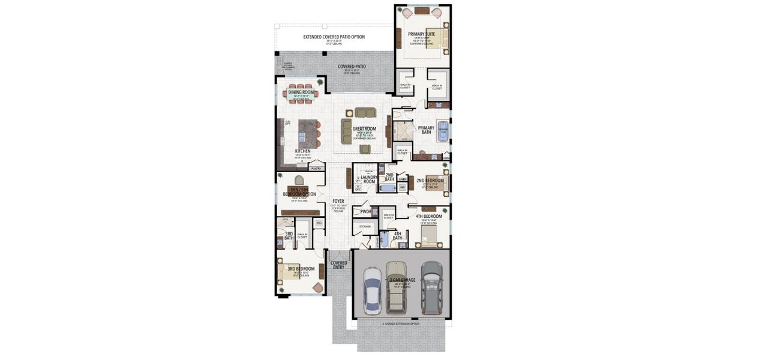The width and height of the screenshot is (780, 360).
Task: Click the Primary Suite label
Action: point(422,34)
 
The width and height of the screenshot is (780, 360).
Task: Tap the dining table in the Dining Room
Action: point(301,94)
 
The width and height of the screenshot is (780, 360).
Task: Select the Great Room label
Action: point(364,128)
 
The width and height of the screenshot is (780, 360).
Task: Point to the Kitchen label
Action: point(302,151)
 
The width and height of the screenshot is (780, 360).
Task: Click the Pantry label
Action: point(316,169)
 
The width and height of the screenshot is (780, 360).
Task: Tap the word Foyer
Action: point(338,202)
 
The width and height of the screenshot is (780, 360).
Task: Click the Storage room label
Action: point(365,227)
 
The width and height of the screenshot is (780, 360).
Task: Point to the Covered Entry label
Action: point(339,265)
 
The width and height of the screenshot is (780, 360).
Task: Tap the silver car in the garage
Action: point(372,291)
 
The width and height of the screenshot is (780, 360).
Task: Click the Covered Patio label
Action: point(352,67)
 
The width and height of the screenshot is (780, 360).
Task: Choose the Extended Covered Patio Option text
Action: point(334,37)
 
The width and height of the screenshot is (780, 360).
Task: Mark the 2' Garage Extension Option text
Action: point(401,323)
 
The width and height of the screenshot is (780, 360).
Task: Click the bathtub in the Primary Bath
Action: point(444,131)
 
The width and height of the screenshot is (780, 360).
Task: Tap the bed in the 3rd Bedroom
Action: point(288,274)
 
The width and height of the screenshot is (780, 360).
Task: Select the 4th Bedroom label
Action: point(428,216)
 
